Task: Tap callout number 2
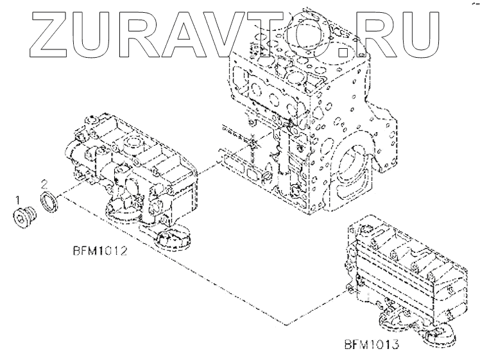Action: pyautogui.click(x=44, y=184)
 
